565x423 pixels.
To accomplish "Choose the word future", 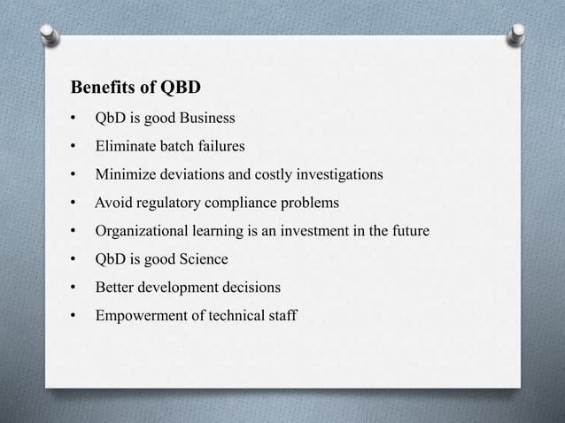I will click(x=410, y=231).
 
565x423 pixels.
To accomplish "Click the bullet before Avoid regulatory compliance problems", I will click(x=74, y=204).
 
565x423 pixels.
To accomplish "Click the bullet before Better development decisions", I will click(x=74, y=288).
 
